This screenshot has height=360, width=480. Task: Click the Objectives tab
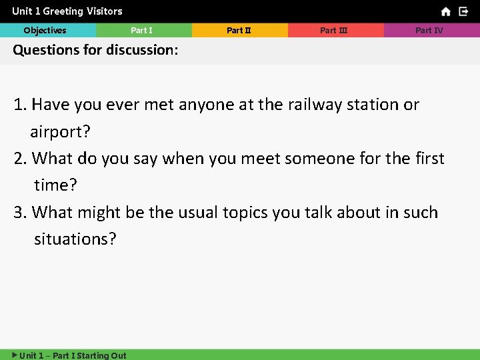click(x=45, y=30)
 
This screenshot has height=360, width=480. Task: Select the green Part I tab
click(x=142, y=30)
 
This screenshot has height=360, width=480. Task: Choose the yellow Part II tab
click(x=239, y=30)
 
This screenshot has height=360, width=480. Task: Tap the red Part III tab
click(x=334, y=30)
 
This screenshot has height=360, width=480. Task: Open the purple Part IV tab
click(x=429, y=30)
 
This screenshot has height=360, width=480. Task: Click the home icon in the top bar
click(x=446, y=11)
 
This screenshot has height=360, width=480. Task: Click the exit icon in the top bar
click(x=463, y=11)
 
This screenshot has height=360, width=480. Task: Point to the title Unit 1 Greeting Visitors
click(x=67, y=11)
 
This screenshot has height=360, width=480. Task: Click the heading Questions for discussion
click(x=95, y=50)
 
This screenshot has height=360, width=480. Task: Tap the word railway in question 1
click(x=315, y=105)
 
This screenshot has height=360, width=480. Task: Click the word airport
click(x=59, y=132)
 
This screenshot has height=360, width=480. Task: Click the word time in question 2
click(x=55, y=185)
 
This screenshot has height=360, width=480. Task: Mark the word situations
click(x=75, y=239)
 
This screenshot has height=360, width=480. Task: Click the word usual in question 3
click(x=185, y=213)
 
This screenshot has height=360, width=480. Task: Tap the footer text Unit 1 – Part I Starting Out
click(x=73, y=355)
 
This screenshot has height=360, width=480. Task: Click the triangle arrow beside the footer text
click(x=15, y=355)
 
